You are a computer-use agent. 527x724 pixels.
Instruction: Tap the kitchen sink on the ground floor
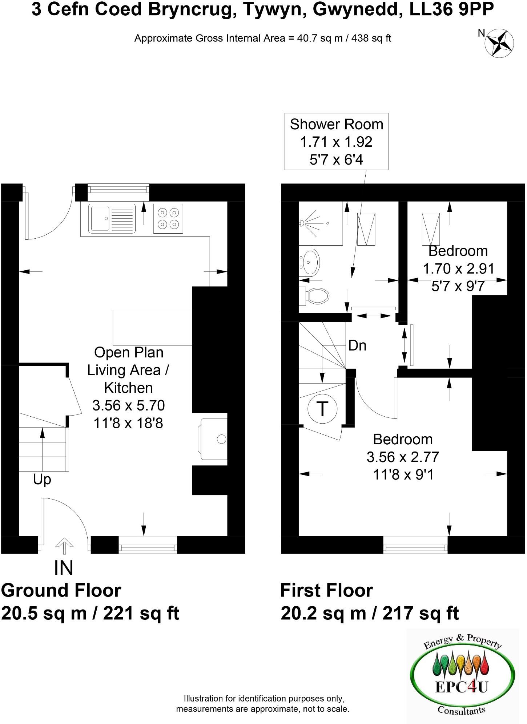[112, 218]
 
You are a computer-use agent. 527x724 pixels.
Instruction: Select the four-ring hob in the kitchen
[168, 218]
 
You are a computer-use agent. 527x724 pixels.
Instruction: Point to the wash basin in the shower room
[310, 262]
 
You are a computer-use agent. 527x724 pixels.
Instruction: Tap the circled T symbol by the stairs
[322, 409]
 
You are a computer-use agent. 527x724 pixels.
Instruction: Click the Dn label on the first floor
[357, 345]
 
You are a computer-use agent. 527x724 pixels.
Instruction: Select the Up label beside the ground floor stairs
[42, 480]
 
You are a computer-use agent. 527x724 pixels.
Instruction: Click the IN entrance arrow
[64, 546]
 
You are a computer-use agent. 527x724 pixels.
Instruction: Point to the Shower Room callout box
[336, 142]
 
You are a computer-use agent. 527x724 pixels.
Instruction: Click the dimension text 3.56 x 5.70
[129, 405]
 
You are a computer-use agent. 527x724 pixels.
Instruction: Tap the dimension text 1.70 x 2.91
[458, 269]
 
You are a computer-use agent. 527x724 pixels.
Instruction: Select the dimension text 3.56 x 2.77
[403, 457]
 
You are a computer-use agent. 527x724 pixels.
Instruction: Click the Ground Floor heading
[61, 590]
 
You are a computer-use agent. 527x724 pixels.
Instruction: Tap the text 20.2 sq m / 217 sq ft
[370, 614]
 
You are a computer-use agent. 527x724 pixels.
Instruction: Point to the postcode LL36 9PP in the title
[452, 10]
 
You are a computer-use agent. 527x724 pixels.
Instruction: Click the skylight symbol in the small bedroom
[430, 229]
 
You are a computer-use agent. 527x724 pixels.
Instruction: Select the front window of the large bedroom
[415, 545]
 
